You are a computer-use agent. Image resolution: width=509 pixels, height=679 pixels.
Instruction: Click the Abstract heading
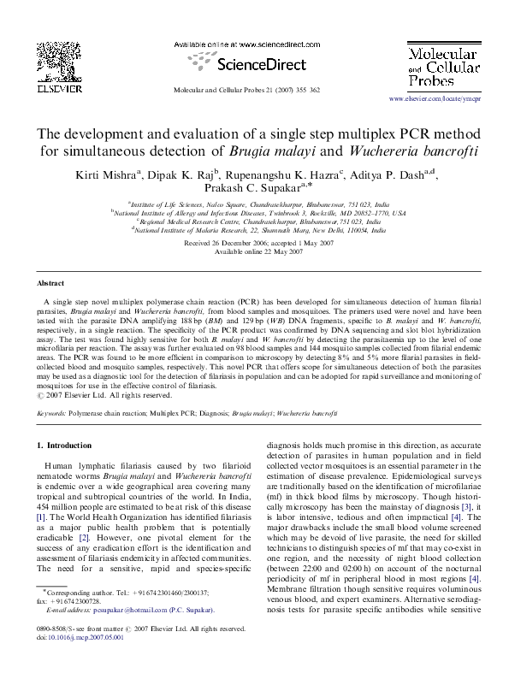click(51, 282)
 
